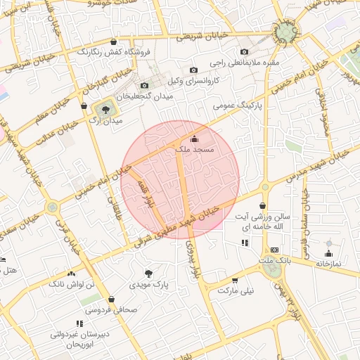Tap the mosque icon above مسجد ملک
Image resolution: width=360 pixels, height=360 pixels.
195,139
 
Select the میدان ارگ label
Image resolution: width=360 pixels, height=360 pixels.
105,120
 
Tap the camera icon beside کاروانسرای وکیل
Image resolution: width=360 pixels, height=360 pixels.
193,70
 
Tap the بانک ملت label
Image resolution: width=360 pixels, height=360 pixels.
274,261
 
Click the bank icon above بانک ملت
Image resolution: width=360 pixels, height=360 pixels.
274,250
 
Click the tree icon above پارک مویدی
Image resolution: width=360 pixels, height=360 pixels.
148,273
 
